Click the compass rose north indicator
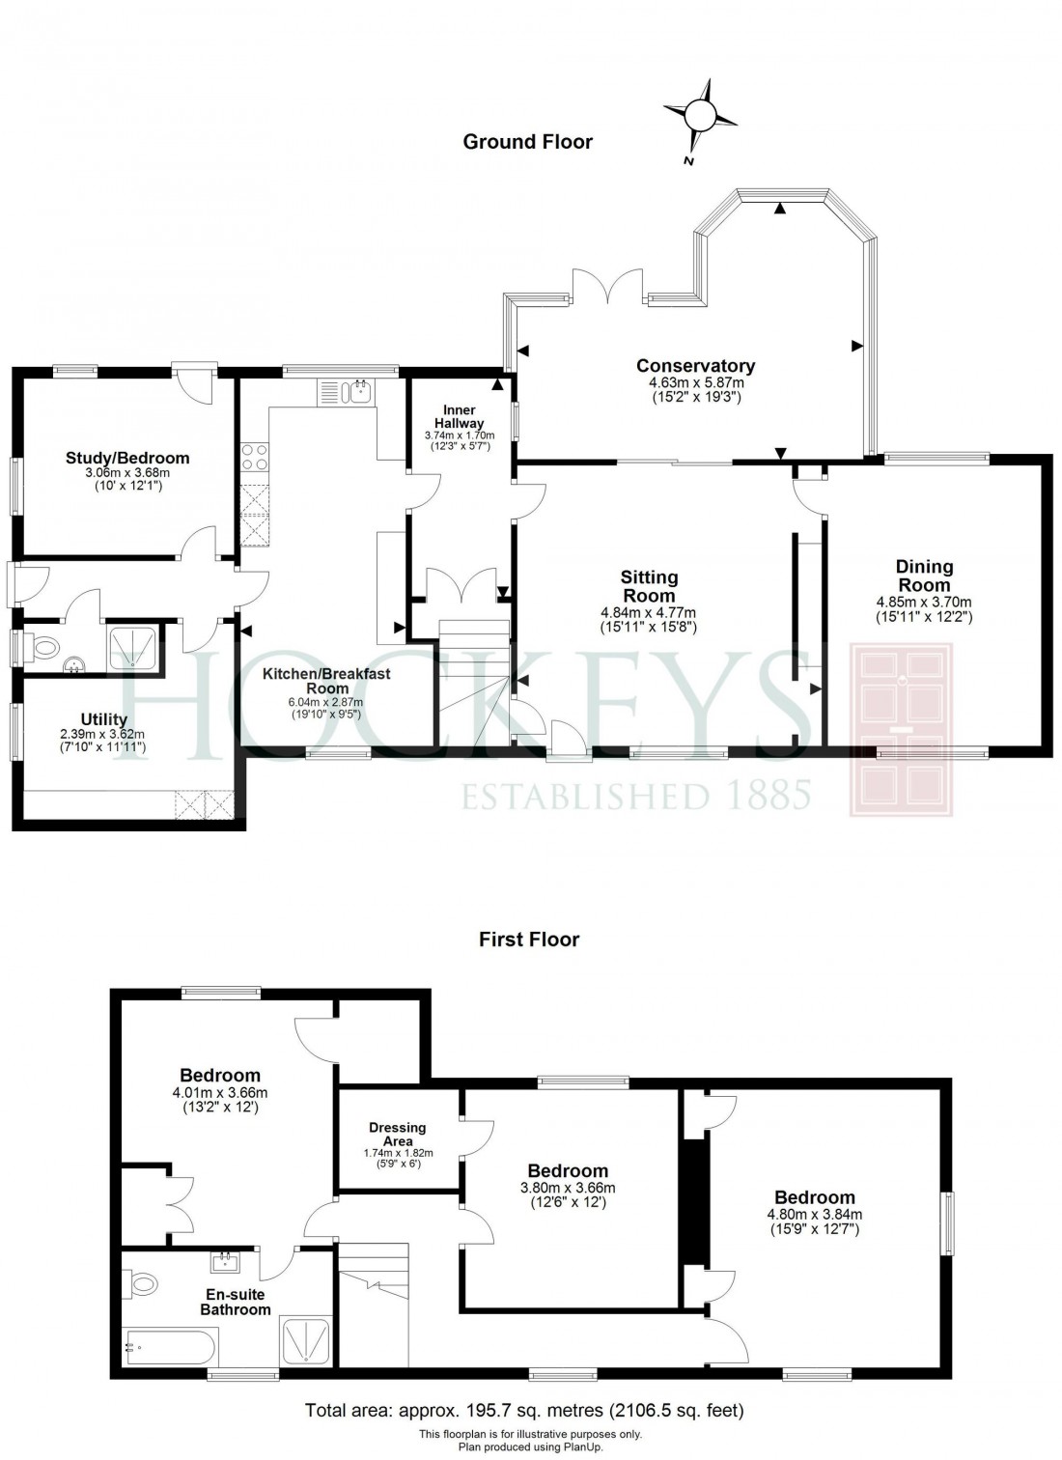(x=701, y=117)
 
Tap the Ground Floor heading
(x=527, y=142)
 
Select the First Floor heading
(x=529, y=939)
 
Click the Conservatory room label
(x=695, y=366)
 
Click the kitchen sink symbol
(x=358, y=392)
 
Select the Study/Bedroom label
(x=127, y=458)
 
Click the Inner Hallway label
(x=460, y=417)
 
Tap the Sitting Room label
(x=649, y=586)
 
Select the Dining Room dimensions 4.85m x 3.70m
(x=924, y=601)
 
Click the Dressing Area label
(x=397, y=1134)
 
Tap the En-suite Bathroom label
(x=235, y=1302)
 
